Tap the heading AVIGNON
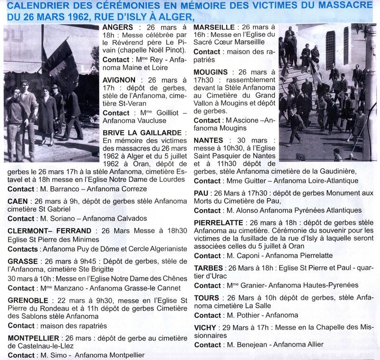coord(119,80)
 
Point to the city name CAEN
coord(18,201)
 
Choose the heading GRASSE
coord(23,261)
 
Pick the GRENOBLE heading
coord(28,301)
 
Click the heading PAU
coord(201,193)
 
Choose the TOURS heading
coord(207,298)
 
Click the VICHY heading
coord(205,328)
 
